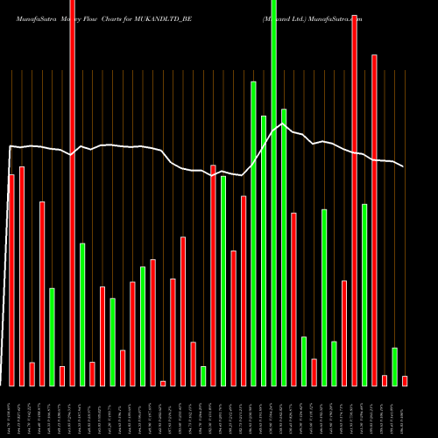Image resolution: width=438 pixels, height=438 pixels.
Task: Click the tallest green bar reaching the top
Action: click(273, 193)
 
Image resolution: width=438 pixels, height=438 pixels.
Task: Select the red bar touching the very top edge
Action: click(72, 193)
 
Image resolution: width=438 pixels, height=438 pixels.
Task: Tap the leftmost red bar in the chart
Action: click(11, 280)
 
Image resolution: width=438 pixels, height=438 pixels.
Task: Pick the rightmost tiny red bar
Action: click(405, 381)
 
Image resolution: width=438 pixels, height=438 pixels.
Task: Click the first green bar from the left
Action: click(52, 337)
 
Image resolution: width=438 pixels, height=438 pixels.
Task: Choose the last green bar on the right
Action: click(394, 367)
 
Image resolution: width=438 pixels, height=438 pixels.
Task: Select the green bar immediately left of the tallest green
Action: click(264, 251)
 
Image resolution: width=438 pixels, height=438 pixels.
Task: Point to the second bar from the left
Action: click(21, 276)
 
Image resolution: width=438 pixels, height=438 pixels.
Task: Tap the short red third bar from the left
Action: click(32, 374)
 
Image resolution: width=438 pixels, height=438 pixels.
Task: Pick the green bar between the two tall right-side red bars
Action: click(364, 294)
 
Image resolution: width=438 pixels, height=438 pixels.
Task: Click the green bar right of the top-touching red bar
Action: click(82, 314)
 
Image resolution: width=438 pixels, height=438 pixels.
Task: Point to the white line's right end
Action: click(404, 166)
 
